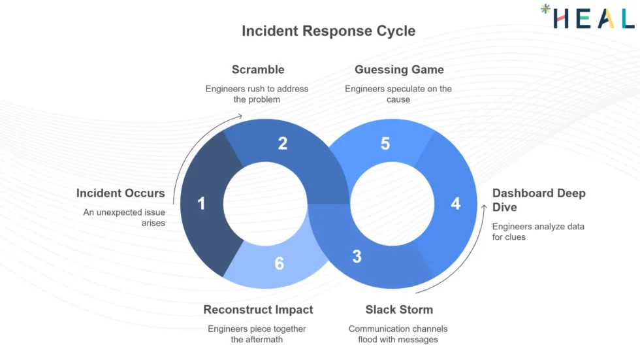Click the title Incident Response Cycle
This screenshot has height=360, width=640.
point(328,31)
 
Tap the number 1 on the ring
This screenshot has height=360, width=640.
point(201,204)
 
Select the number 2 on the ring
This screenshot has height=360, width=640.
point(282,143)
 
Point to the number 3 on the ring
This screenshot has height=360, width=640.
point(357,256)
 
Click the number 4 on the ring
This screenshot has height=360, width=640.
point(455,204)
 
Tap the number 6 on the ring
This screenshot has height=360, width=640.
point(279,263)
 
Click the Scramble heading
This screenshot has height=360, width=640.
point(258,69)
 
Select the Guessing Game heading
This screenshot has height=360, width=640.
point(399,69)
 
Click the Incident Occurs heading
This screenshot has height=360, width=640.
point(121,193)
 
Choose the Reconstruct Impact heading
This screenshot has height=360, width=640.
point(258,309)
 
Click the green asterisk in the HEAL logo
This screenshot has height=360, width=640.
point(545,10)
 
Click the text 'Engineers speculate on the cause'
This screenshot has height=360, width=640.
point(398,94)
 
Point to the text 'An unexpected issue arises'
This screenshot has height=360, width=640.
point(124,218)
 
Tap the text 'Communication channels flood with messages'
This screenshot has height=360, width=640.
point(398,334)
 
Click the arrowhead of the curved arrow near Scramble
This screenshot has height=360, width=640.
point(240,116)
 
